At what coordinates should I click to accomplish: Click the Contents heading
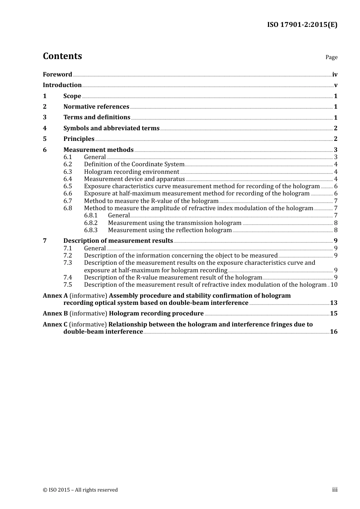(62, 56)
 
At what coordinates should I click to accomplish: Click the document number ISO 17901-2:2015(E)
(302, 25)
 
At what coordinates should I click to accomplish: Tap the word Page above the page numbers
(331, 57)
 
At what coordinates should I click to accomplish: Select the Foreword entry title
(57, 75)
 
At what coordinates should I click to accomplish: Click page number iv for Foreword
(335, 75)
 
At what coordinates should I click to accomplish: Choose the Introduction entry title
(62, 85)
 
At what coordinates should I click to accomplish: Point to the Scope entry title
(72, 96)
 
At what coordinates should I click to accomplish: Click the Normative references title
(96, 107)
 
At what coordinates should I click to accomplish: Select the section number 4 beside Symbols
(45, 128)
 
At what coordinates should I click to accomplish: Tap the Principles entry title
(79, 139)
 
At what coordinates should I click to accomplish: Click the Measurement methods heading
(99, 150)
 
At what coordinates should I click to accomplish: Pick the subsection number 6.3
(67, 172)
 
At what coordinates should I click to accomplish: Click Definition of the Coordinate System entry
(134, 164)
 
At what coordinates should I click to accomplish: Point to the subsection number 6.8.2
(91, 223)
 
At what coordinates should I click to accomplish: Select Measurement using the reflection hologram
(170, 230)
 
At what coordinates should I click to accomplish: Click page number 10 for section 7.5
(334, 285)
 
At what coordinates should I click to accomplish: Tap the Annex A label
(55, 296)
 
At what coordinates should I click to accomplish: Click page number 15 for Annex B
(333, 314)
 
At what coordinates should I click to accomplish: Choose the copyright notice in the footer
(80, 490)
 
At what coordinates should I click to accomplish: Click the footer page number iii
(335, 490)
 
